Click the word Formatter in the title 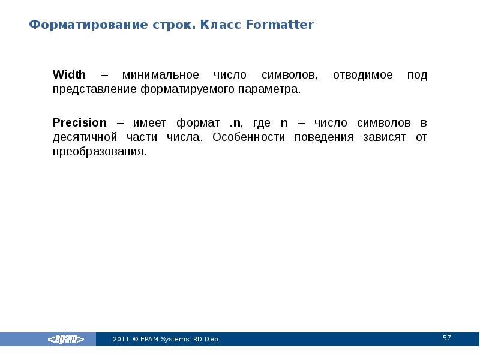tap(280, 25)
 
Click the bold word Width tap(69, 75)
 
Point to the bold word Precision tap(79, 122)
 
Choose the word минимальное tap(160, 75)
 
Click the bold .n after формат tap(235, 122)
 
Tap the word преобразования tap(99, 152)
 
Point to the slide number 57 tap(446, 338)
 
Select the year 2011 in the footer tap(121, 340)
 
